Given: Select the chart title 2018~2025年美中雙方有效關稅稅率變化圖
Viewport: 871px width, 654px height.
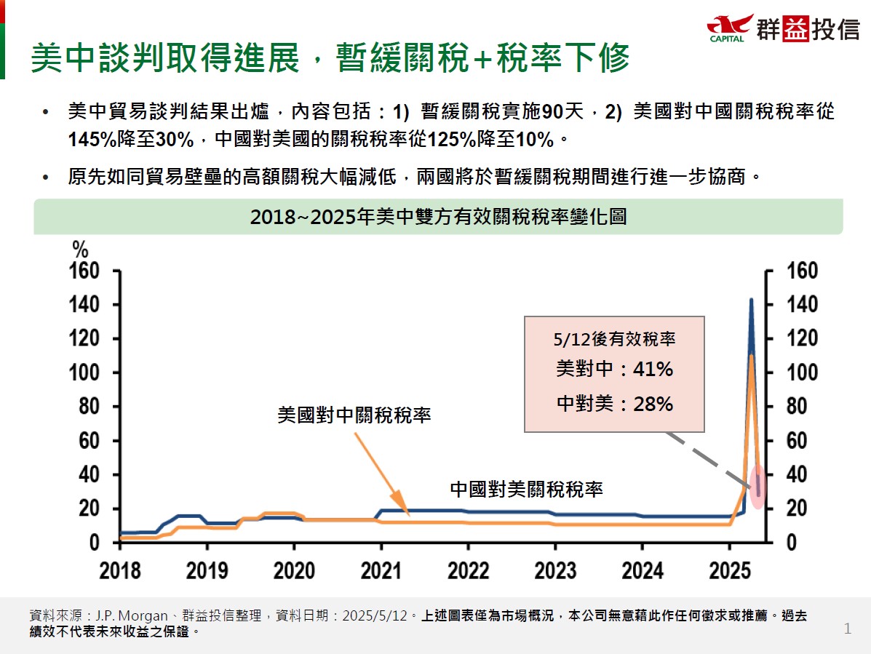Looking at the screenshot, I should coord(438,218).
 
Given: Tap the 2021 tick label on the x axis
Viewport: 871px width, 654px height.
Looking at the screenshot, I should coord(381,570).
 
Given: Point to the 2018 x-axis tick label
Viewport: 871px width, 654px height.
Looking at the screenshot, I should coord(120,570).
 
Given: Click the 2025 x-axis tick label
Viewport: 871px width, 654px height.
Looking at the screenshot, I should coord(731,570).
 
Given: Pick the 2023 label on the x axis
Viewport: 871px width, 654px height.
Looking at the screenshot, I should coord(555,570).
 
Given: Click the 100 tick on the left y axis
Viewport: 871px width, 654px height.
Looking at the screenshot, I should coord(86,372).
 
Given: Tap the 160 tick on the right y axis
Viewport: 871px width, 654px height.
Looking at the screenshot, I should coord(803,271).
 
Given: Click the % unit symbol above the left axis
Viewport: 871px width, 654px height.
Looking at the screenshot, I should coord(79,248).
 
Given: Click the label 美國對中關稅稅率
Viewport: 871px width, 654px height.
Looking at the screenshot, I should coord(354,415).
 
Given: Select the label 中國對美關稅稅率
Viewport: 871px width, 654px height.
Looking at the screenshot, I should coord(526,488).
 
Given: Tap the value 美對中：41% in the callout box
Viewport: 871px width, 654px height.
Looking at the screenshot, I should coord(614,370).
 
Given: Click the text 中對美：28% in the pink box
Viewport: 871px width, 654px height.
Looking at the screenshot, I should coord(614,404).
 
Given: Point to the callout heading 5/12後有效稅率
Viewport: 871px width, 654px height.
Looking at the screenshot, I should coord(614,338).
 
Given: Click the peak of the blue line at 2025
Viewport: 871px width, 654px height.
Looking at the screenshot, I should coord(751,300).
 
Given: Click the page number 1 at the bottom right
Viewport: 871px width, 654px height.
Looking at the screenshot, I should coord(847,629).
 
